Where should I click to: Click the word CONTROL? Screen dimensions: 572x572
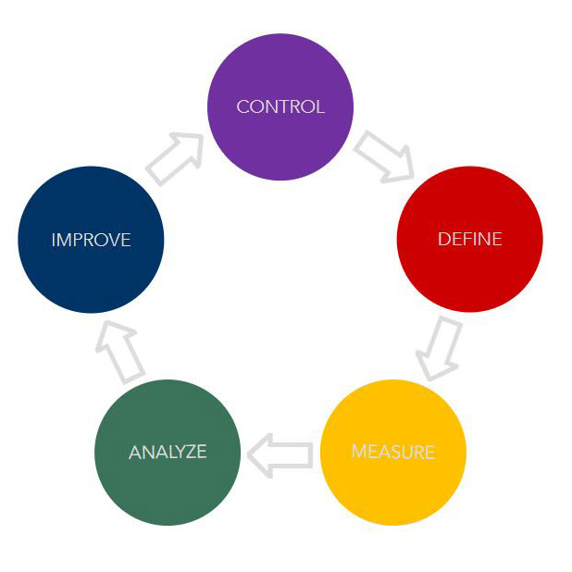tap(280, 106)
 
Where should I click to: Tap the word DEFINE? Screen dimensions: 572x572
tap(469, 239)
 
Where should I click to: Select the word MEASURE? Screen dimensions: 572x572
tap(392, 453)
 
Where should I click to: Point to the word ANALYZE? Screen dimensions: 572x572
tap(168, 453)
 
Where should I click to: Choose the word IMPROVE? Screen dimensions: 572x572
tap(91, 240)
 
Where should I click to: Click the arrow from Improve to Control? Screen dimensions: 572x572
tap(175, 157)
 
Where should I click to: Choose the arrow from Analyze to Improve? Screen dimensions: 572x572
tap(120, 351)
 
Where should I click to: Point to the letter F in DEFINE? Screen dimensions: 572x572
tap(466, 239)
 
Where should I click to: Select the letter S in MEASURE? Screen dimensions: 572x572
tap(401, 453)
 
